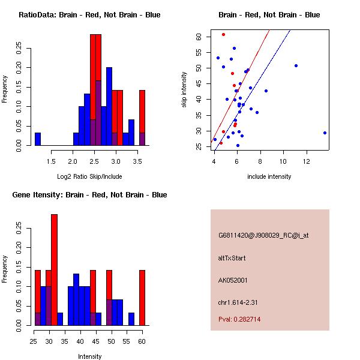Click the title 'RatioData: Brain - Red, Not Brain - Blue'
click(89, 15)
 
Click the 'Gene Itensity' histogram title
click(89, 195)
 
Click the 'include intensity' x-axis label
click(269, 176)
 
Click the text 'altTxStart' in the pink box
click(232, 258)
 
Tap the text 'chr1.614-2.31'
click(237, 302)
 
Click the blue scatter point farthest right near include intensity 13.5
click(325, 133)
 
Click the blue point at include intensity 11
click(296, 65)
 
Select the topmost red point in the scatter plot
click(223, 34)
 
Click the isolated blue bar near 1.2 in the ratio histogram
click(38, 139)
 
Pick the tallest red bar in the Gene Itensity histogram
click(54, 270)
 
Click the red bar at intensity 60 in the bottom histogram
click(142, 298)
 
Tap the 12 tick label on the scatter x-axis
click(307, 161)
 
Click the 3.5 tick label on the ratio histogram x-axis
click(138, 161)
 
